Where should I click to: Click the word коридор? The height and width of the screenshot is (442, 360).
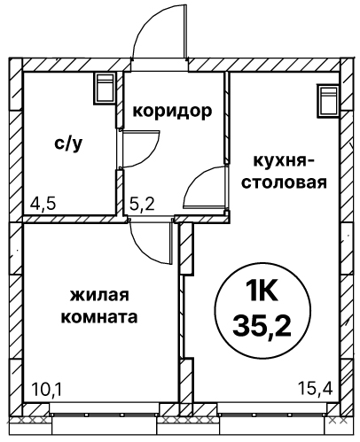click(172, 112)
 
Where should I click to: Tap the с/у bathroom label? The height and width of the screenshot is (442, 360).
click(68, 143)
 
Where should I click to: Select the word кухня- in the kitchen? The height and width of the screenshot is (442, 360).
click(284, 162)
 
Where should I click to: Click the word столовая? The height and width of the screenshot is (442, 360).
click(285, 182)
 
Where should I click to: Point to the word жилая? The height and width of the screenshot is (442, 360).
click(100, 295)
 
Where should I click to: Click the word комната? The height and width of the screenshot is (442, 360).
click(99, 317)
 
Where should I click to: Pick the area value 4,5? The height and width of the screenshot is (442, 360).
click(43, 204)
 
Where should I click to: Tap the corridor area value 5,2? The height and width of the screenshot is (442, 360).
click(142, 204)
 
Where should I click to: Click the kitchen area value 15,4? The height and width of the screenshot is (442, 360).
click(316, 388)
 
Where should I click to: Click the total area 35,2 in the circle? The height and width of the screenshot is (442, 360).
click(262, 327)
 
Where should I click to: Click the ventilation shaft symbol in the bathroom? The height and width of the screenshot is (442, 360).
click(105, 88)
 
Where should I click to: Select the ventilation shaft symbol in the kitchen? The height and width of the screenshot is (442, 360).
click(329, 101)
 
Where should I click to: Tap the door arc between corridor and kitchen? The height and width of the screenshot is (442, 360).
click(193, 180)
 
